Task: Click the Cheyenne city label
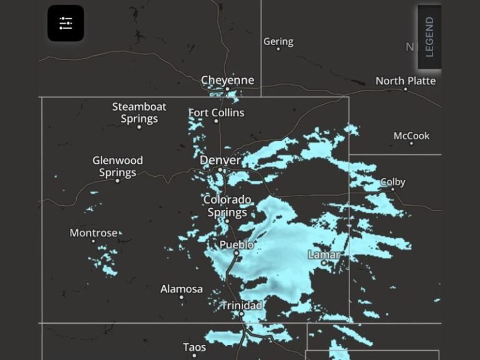227,80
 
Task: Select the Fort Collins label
216,112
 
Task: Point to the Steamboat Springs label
139,112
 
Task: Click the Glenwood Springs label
117,166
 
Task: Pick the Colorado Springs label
227,206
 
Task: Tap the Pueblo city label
236,244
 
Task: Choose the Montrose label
93,233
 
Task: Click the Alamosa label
181,289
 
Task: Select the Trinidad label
241,305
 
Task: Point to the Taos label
194,347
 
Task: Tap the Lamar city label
324,254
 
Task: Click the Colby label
393,182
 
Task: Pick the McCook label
411,136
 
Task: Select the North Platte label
406,81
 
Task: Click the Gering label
278,41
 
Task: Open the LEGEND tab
429,37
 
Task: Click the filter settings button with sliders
66,23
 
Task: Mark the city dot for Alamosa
181,297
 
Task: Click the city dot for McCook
411,144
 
